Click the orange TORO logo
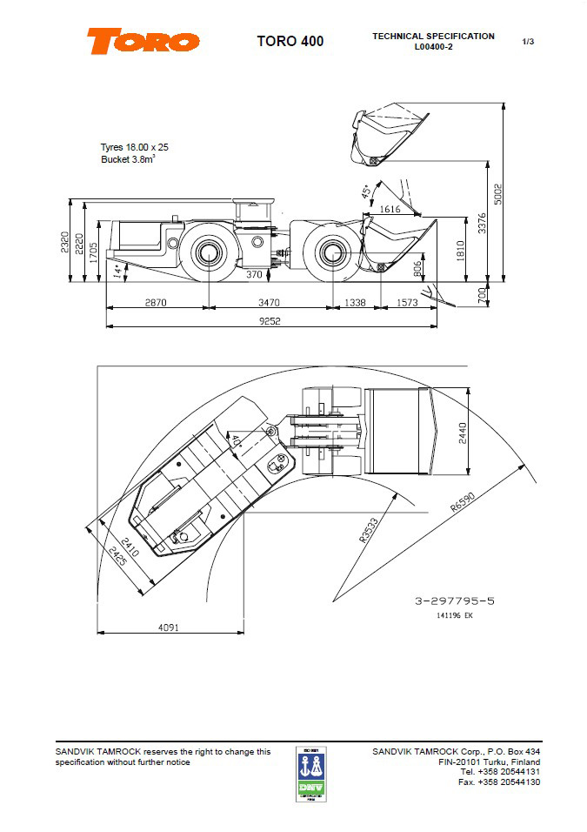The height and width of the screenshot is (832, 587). (x=143, y=41)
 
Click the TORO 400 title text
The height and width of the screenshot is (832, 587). (x=290, y=41)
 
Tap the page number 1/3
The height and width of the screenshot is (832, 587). (x=528, y=41)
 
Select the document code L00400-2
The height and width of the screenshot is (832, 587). (x=433, y=47)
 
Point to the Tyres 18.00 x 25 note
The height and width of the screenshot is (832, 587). (x=135, y=147)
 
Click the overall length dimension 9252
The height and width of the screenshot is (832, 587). (x=270, y=321)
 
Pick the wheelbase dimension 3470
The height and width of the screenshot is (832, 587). (x=270, y=302)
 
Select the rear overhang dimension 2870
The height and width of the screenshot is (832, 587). (x=156, y=302)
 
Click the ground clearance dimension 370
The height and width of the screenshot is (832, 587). (x=254, y=275)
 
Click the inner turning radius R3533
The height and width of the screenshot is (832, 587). (x=370, y=530)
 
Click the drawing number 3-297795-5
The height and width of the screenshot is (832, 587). (x=456, y=601)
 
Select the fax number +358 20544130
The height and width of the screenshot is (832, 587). (x=499, y=782)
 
